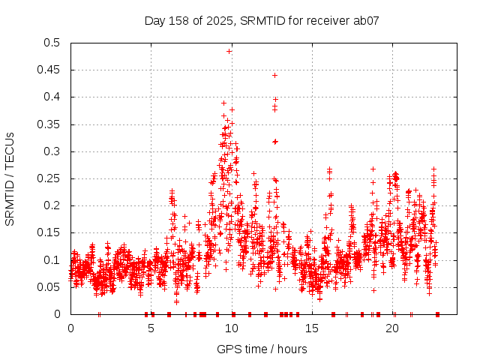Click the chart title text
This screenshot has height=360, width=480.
pos(262,21)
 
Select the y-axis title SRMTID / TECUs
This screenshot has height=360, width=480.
pos(10,178)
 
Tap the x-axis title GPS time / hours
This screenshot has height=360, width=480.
pos(262,349)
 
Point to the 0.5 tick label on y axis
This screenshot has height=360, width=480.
pos(52,43)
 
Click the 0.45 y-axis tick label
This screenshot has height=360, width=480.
pos(49,70)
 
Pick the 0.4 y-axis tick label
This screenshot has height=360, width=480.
pos(52,97)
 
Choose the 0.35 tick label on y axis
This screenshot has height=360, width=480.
pos(49,124)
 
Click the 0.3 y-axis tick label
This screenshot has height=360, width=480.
pos(52,151)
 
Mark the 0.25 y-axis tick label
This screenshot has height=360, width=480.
pos(49,178)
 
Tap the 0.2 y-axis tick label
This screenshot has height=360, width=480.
pos(52,205)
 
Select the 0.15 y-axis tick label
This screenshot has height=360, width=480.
pos(49,233)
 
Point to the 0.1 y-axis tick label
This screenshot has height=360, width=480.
pos(52,260)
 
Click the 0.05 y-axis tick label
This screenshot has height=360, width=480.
pos(49,287)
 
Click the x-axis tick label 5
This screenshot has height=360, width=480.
pos(151,328)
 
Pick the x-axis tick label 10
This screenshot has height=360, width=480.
pos(232,328)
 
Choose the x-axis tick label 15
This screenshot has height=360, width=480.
pos(313,328)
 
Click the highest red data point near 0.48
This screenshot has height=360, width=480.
pos(229,51)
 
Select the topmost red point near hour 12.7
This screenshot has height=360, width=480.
pos(274,75)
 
